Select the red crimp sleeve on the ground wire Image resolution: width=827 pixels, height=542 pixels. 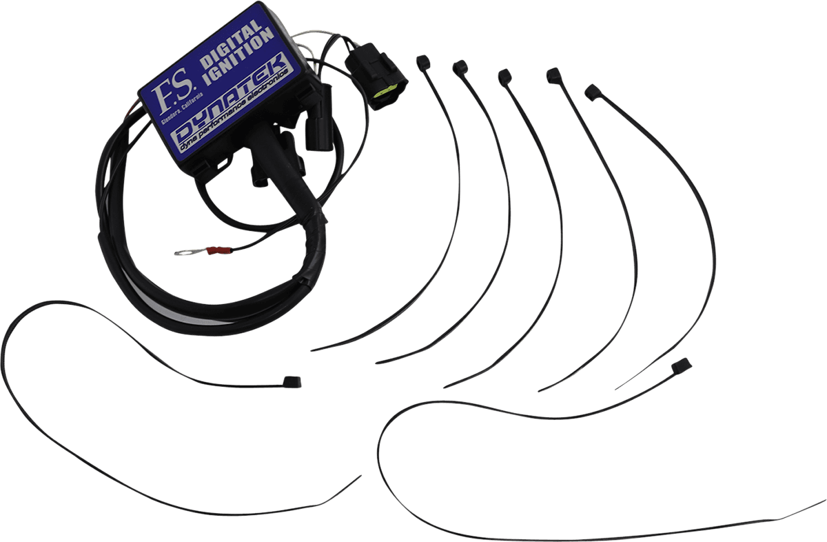(219, 251)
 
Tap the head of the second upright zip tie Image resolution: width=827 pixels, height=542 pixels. (460, 68)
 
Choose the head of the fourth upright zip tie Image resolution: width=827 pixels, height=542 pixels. (553, 75)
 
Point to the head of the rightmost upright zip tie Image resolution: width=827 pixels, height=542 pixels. (593, 92)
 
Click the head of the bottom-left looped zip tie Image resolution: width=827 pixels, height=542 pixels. (292, 381)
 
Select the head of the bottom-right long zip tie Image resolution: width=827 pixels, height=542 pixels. (682, 366)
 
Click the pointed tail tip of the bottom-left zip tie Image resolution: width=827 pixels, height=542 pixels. (360, 476)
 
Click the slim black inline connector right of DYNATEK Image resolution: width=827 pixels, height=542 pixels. (319, 117)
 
